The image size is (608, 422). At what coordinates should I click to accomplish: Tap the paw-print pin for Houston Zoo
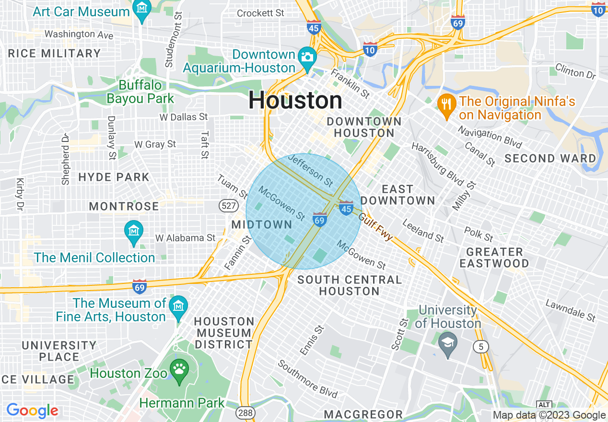click(179, 371)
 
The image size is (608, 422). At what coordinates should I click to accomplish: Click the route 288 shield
click(245, 412)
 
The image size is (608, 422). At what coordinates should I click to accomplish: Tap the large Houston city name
click(295, 101)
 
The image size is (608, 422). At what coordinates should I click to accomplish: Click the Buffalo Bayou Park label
click(140, 92)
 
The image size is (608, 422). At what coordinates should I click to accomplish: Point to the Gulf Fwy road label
click(375, 227)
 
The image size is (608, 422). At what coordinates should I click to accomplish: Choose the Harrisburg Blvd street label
click(437, 164)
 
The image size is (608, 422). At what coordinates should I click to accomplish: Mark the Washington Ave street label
click(79, 35)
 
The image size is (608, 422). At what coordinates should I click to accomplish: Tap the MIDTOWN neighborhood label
click(262, 224)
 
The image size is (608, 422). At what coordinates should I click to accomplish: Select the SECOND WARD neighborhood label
click(550, 158)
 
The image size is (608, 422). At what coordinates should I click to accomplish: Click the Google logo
click(32, 411)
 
